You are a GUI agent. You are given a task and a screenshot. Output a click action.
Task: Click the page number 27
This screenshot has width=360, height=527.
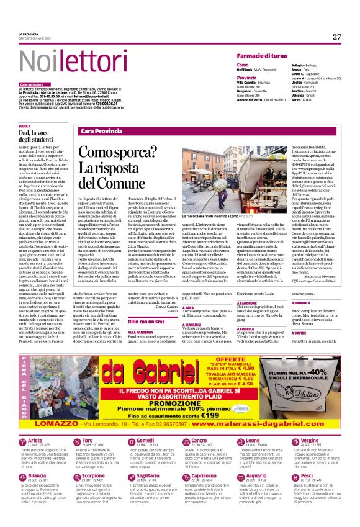336,37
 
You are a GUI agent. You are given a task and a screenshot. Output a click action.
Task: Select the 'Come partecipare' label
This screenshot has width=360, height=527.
32,84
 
